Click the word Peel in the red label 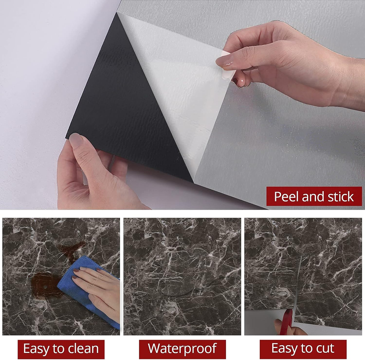click(286, 197)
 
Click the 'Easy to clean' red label click(61, 349)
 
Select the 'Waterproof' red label click(182, 349)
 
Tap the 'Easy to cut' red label click(303, 349)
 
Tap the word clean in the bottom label click(82, 349)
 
